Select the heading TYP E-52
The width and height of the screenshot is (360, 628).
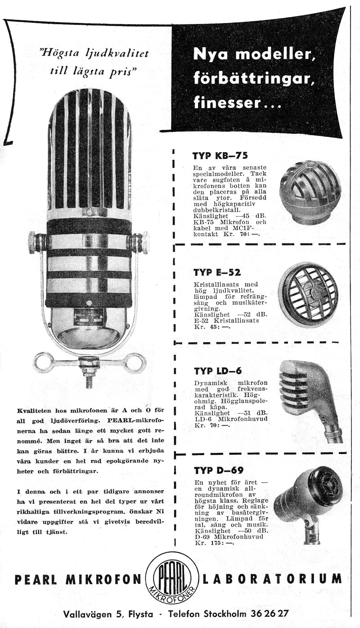[x=217, y=272]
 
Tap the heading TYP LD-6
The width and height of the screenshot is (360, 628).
[x=218, y=371]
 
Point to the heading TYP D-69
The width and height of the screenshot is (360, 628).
[x=219, y=470]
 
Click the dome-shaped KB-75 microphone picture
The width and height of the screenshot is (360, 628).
[x=310, y=192]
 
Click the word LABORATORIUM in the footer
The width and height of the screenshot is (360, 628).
[x=272, y=578]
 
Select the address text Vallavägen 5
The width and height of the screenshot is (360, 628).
[x=92, y=613]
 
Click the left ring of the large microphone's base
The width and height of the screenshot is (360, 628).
[x=44, y=362]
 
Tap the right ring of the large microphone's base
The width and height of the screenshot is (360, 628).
[x=135, y=362]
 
